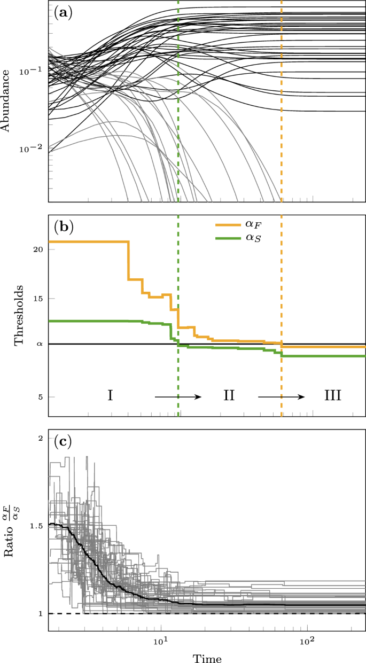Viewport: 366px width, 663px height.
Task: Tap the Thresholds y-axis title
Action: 18,316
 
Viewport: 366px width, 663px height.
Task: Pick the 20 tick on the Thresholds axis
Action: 38,249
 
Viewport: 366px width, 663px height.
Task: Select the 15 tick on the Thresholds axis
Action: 38,298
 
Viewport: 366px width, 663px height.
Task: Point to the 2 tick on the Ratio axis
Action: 40,438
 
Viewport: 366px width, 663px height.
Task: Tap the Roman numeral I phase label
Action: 110,396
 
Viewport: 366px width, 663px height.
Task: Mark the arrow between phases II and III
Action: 281,396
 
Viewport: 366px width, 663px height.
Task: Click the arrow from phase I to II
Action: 178,396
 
